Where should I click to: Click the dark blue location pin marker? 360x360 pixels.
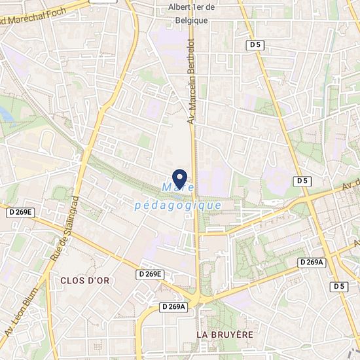click(179, 178)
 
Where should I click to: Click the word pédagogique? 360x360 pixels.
click(177, 205)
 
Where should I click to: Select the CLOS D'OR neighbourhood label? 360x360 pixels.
click(84, 280)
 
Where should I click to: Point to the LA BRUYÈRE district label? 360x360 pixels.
click(225, 334)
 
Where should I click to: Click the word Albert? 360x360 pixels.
click(175, 7)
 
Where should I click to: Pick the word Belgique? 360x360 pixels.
click(188, 20)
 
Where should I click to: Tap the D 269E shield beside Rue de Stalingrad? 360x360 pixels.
click(20, 212)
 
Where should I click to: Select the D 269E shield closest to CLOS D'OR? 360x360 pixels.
click(150, 274)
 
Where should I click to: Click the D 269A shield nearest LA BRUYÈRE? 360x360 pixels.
click(174, 306)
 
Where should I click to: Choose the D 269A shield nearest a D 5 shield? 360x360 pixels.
click(312, 262)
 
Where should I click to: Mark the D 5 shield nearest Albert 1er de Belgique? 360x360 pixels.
click(257, 45)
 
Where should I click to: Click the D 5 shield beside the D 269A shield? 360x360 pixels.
click(338, 286)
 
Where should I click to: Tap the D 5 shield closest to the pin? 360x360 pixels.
click(302, 180)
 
